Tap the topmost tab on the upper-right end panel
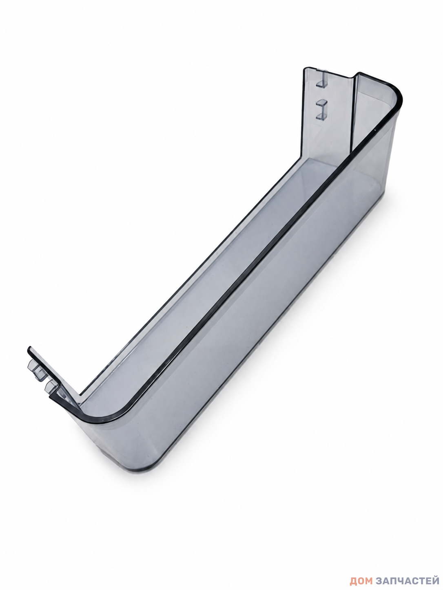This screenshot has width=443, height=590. (322, 84)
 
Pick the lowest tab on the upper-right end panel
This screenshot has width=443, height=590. (322, 116)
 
